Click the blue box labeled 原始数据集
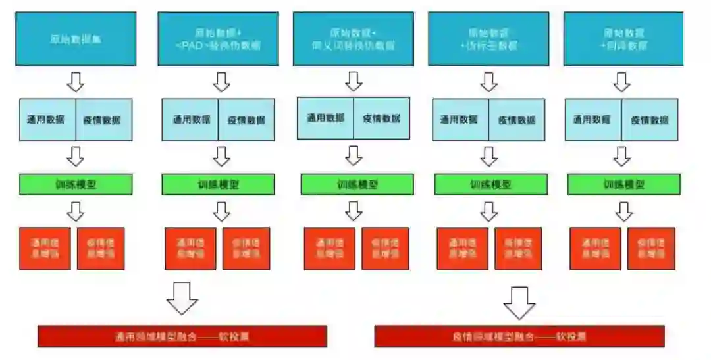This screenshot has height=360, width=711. pos(76,39)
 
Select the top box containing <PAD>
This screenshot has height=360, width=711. pos(218,39)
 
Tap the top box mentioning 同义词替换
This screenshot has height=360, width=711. pos(353,39)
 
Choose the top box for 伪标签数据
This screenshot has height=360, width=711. pos(488,39)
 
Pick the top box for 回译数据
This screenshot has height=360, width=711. pos(623,39)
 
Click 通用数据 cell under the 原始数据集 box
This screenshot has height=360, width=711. pos(47,120)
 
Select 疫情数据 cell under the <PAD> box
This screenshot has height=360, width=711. pos(247,120)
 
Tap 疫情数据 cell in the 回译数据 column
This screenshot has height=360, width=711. pos(650,120)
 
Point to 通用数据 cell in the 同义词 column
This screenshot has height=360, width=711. pos(325,118)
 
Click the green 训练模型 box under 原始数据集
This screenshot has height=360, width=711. pos(76,184)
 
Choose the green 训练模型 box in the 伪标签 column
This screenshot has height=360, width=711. pos(490,184)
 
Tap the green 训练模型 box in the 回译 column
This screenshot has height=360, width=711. pos(623,184)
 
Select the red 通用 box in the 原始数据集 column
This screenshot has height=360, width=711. pos(45,248)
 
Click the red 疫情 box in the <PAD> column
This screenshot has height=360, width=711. pos(246,248)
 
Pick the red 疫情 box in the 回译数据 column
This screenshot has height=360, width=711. pos(651,248)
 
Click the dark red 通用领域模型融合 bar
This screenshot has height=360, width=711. pos(182,336)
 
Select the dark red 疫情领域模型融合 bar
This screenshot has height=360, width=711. pos(519,336)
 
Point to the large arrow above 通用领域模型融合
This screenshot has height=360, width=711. pos(182,298)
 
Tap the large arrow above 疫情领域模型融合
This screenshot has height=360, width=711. pos(519,301)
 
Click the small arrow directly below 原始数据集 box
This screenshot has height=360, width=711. pos(76,82)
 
